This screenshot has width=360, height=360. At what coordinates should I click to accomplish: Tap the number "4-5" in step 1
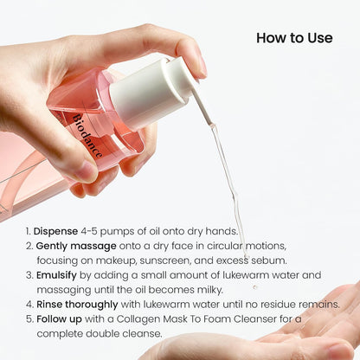[93, 231]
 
